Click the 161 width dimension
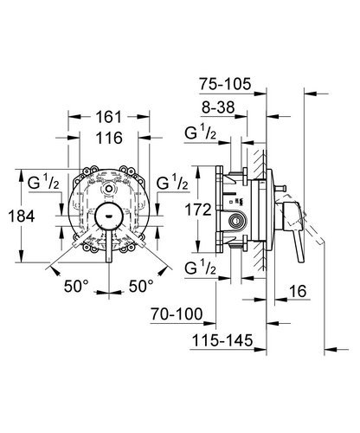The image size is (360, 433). pos(109,117)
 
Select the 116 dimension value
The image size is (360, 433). pos(109,138)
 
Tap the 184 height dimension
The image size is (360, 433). pos(22,216)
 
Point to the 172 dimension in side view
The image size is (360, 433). pos(198,210)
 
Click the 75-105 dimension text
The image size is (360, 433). pos(225,84)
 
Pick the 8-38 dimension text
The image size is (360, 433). pos(218,107)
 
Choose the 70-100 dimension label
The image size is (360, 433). pos(177,313)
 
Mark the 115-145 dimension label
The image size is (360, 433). pos(222,340)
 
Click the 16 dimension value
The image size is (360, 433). pos(298,291)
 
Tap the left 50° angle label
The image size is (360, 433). pos(76,286)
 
